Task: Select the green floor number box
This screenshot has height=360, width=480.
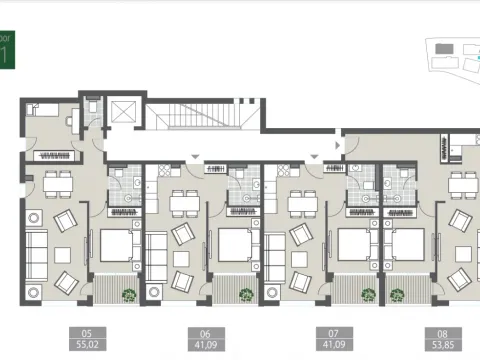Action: pyautogui.click(x=7, y=49)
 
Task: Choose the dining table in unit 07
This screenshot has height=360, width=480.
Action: pyautogui.click(x=302, y=203)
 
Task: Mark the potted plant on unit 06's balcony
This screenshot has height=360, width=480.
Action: pyautogui.click(x=246, y=294)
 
